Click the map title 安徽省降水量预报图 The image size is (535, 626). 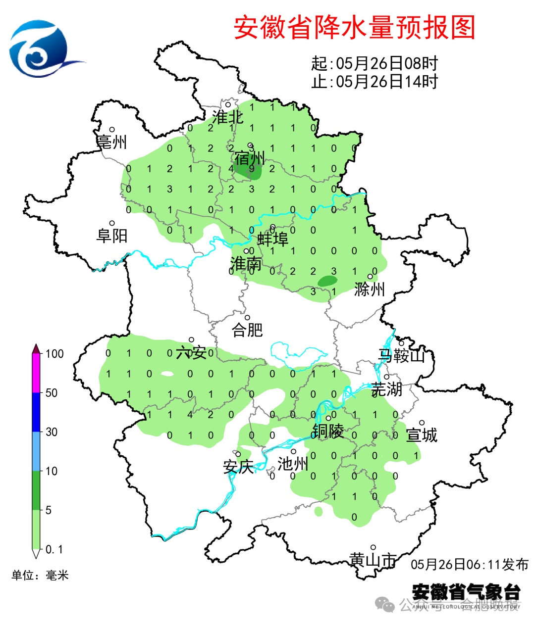click(354, 28)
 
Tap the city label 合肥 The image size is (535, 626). click(247, 330)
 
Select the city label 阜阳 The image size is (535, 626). click(112, 235)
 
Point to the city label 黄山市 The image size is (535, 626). click(373, 560)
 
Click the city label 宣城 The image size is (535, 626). click(422, 435)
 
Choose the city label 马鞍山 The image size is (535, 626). click(402, 355)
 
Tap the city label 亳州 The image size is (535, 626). click(112, 142)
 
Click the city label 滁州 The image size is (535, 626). click(370, 289)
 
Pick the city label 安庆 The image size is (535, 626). click(238, 466)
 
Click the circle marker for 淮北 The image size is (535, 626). click(228, 104)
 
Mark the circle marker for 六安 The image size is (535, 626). click(191, 340)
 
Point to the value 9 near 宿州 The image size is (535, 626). click(252, 169)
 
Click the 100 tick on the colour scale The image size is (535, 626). click(54, 354)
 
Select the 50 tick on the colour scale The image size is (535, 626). click(52, 393)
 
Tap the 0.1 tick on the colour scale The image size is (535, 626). click(54, 549)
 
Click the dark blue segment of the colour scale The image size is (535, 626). click(36, 412)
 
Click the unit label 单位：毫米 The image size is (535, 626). click(40, 575)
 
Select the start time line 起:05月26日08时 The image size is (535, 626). click(374, 64)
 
